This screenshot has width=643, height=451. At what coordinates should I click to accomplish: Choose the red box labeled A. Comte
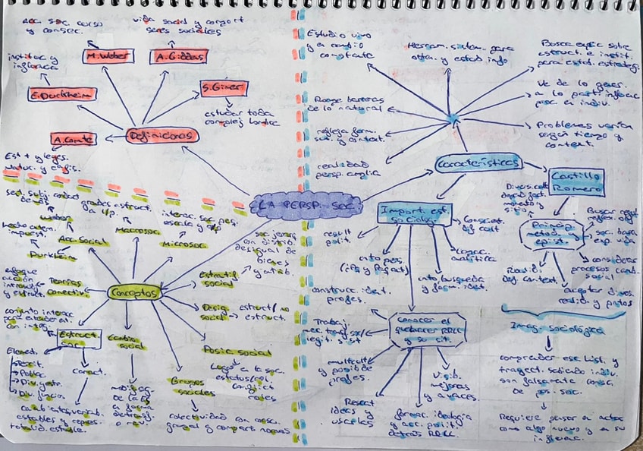[x=74, y=140]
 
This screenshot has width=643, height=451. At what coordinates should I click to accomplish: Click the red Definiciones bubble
[x=162, y=136]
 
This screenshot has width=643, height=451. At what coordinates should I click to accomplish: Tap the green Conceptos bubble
[x=134, y=292]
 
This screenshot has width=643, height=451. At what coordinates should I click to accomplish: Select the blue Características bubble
[x=478, y=162]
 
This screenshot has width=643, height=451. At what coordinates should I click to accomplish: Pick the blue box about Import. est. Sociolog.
[x=414, y=214]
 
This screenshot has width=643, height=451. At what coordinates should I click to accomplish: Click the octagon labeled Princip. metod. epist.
[x=551, y=234]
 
